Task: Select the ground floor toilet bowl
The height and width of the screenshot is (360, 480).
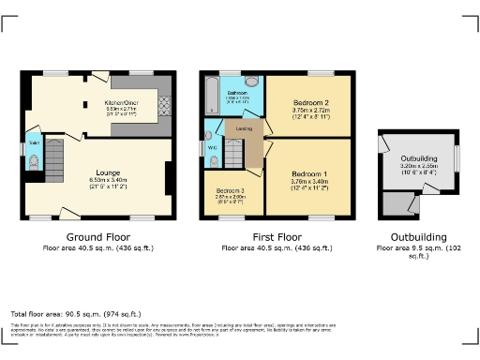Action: [35, 162]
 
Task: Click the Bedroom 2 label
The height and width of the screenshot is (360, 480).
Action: [307, 101]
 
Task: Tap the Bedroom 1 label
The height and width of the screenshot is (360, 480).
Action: [307, 173]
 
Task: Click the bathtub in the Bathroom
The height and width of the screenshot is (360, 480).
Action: [211, 94]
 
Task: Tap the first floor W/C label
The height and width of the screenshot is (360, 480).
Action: [214, 146]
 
